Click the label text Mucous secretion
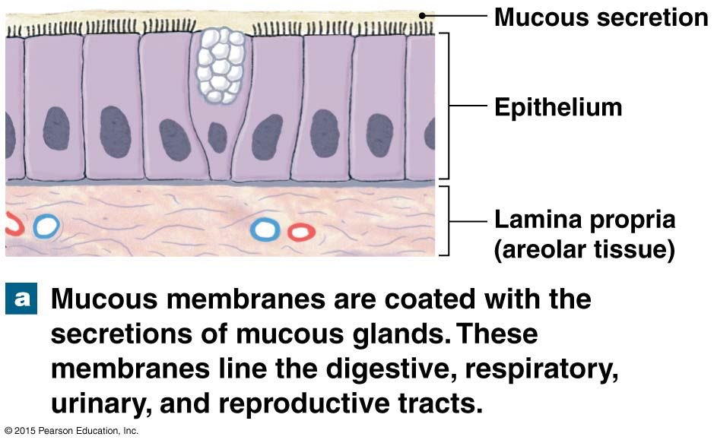pos(601,17)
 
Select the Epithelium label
pos(557,107)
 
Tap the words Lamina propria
pos(584,220)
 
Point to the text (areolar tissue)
pos(584,249)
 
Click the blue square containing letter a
pos(21,299)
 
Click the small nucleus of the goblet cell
pos(217,137)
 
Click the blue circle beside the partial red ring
pos(46,226)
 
